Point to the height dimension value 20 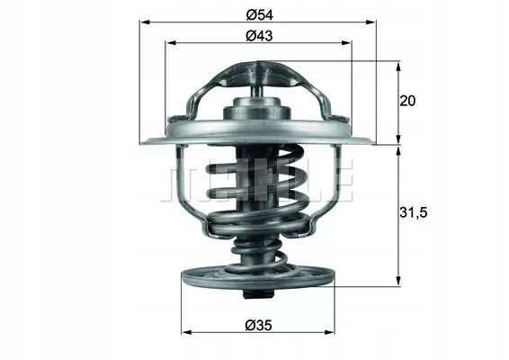pyautogui.click(x=406, y=101)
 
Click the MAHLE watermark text pyautogui.click(x=257, y=184)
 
